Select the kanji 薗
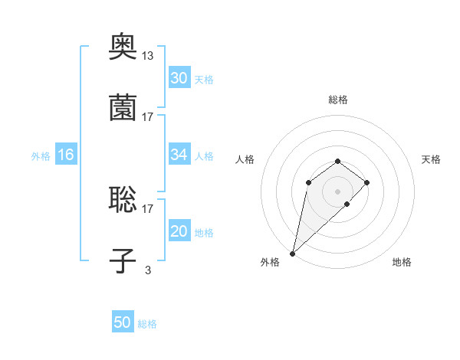[x=123, y=108]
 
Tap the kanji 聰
[x=123, y=200]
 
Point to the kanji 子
[x=123, y=261]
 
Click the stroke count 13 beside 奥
[x=148, y=55]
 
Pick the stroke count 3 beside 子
[x=148, y=270]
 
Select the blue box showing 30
[x=179, y=78]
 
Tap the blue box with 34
[x=179, y=155]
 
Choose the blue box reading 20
[x=179, y=231]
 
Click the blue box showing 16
[x=66, y=155]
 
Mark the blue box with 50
[x=123, y=323]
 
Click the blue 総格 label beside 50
[x=147, y=324]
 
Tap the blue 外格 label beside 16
[x=41, y=155]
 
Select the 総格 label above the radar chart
[x=338, y=100]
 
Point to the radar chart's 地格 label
[x=402, y=262]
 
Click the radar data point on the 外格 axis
[x=293, y=253]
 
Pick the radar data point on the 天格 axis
[x=367, y=182]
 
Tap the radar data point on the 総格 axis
[x=338, y=161]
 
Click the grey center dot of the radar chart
[x=338, y=191]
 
